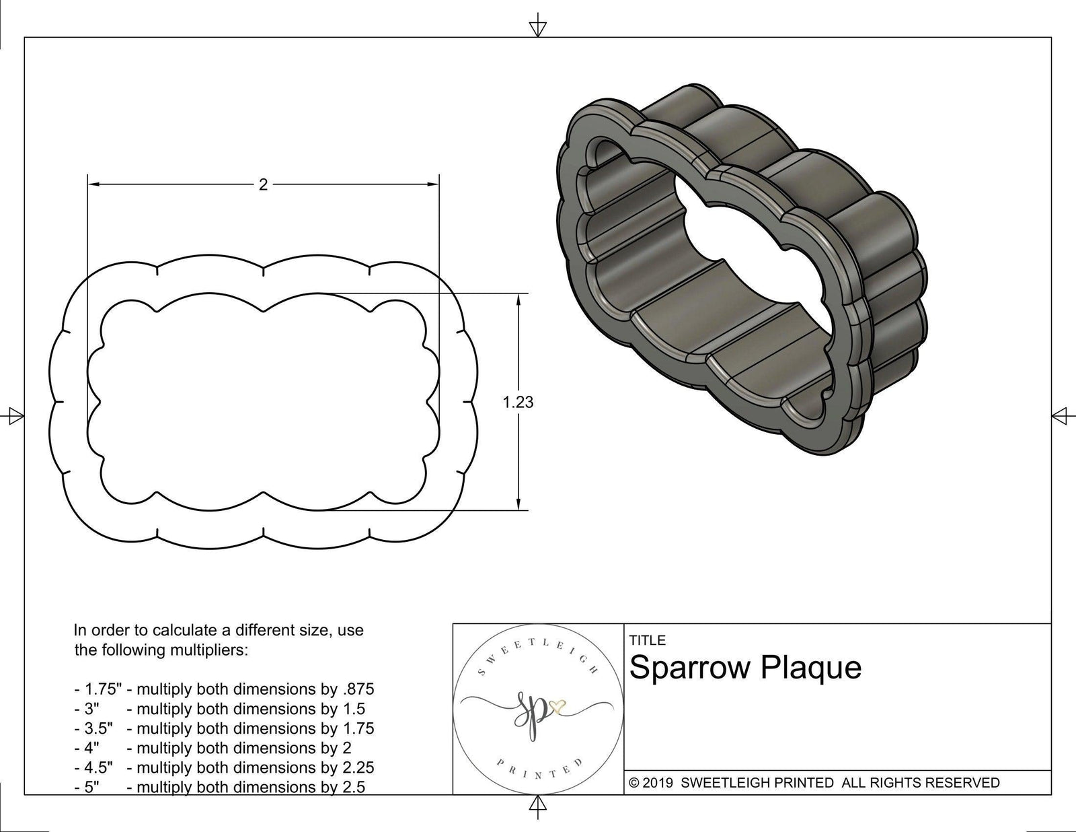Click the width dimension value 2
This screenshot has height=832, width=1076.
click(x=263, y=184)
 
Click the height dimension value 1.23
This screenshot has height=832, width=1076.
click(x=518, y=403)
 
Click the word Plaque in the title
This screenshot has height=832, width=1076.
click(x=812, y=668)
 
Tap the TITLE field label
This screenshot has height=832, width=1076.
click(x=647, y=640)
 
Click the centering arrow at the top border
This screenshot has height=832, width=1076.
click(x=537, y=28)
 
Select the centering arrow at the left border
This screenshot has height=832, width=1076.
click(x=13, y=416)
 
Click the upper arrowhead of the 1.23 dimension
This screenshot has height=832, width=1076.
click(x=518, y=300)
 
